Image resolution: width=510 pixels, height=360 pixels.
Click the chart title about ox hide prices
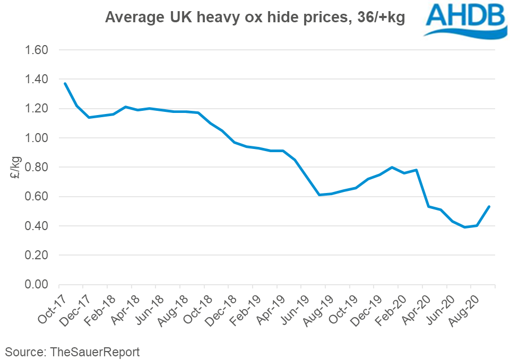click(255, 17)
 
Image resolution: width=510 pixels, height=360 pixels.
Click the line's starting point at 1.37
click(65, 83)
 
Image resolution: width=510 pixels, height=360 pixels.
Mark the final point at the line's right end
click(488, 207)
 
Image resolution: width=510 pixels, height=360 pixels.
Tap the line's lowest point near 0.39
click(464, 227)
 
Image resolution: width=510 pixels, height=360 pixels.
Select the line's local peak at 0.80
click(392, 168)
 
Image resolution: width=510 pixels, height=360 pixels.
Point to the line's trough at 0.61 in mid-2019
click(319, 195)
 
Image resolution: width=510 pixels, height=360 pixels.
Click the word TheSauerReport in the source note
click(95, 352)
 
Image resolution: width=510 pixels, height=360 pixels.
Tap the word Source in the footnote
click(24, 352)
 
